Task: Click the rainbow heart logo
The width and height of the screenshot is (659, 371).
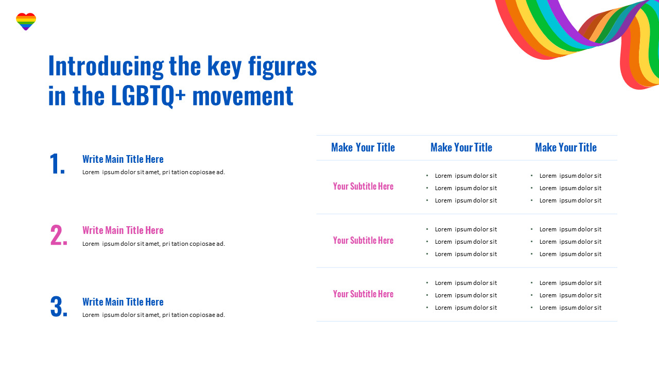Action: tap(26, 22)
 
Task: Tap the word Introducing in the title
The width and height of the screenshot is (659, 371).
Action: tap(106, 66)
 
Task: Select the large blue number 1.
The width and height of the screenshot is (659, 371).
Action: tap(57, 164)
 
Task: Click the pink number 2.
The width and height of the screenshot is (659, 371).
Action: tap(59, 235)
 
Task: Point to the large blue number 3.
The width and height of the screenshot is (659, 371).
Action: tap(59, 307)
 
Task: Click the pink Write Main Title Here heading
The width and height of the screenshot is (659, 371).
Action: tap(123, 230)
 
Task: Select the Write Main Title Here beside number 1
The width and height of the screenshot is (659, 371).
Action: tap(123, 159)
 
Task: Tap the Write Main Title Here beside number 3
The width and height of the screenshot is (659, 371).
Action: tap(123, 302)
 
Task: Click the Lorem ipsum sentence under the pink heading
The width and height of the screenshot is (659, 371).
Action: tap(153, 244)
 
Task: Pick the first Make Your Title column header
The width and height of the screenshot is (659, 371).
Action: tap(363, 147)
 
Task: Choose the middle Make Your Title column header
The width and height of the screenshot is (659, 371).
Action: tap(461, 147)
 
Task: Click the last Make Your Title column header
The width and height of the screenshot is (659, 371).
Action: tap(566, 147)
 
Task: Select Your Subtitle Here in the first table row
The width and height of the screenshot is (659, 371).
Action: tap(363, 186)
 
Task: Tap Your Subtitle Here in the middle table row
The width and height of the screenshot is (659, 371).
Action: tap(363, 240)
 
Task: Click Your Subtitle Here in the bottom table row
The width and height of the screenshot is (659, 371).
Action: tap(363, 294)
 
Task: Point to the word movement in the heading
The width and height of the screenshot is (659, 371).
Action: tap(242, 96)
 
